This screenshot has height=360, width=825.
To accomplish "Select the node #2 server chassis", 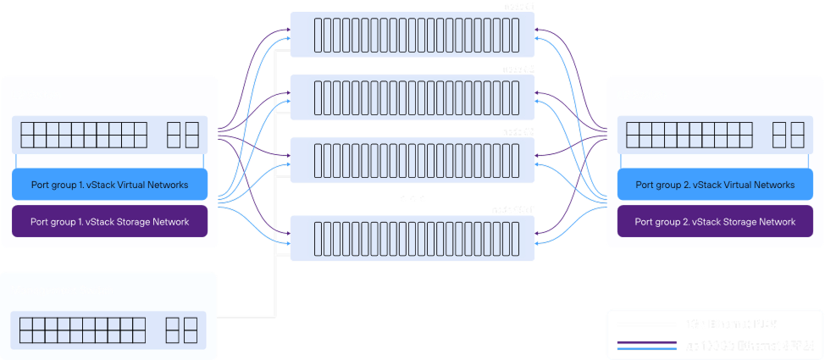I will tap(412, 96).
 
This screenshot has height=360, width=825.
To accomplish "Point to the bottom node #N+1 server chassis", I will tap(412, 237).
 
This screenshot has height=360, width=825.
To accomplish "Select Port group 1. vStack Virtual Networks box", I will tap(109, 184).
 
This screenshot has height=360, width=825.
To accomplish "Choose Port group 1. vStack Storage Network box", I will tap(109, 222).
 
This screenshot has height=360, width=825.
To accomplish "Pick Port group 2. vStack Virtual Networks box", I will tap(715, 185).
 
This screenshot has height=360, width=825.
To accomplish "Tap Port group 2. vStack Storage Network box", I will tap(715, 222).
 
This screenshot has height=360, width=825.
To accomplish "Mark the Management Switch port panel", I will tap(109, 330).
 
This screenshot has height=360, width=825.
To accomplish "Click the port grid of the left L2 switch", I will tap(83, 135).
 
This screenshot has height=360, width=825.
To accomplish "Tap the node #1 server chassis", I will tap(412, 34).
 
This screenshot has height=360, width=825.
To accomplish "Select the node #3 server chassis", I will tap(412, 158).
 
